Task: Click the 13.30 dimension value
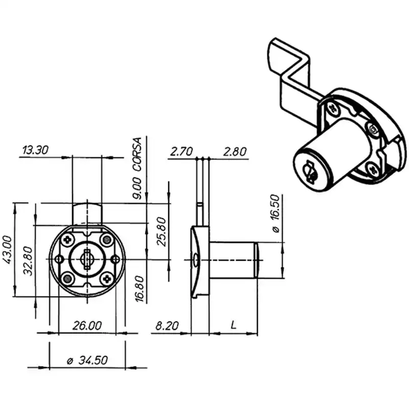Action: (35, 150)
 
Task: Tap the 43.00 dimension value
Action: (7, 249)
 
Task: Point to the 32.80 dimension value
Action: (28, 261)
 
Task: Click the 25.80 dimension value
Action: (162, 232)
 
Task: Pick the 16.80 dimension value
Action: (140, 289)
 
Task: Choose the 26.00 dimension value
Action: (87, 326)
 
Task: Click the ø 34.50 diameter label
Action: (87, 360)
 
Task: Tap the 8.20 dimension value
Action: (167, 326)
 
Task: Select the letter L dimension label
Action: (234, 325)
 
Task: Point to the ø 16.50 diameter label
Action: (276, 213)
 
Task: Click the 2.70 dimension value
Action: (181, 151)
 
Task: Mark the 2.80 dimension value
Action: (235, 151)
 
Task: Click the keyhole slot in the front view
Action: (87, 259)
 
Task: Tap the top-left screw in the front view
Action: (67, 239)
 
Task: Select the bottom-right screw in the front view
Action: (107, 279)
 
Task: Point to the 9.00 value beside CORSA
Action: (137, 188)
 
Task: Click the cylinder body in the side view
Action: (232, 260)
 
